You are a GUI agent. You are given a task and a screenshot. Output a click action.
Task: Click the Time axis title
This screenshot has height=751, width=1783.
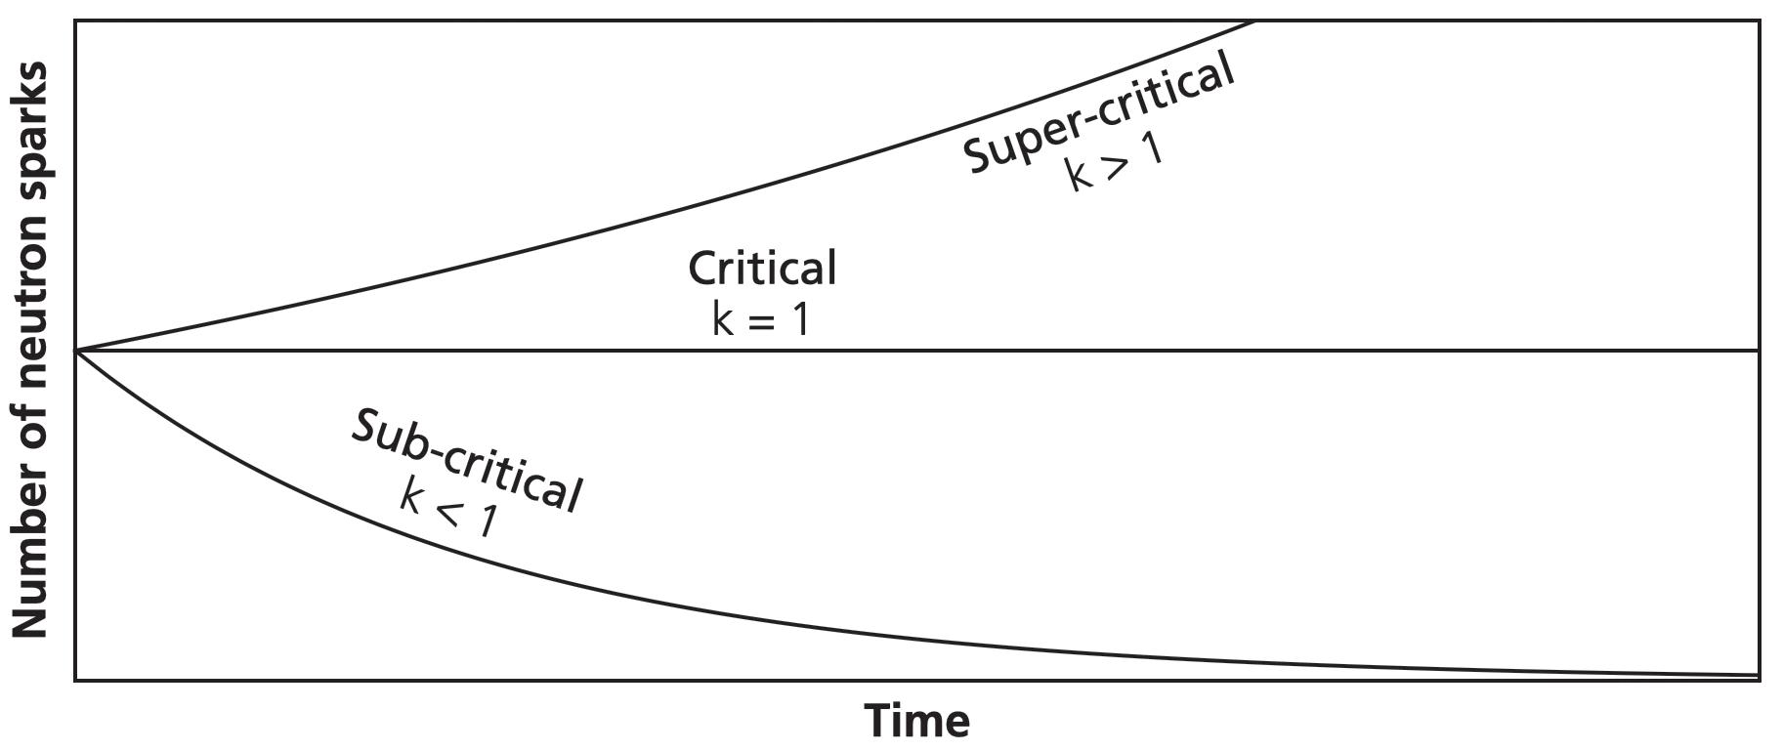tap(917, 722)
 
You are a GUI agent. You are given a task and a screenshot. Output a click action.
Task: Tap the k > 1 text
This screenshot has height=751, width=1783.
tap(1115, 165)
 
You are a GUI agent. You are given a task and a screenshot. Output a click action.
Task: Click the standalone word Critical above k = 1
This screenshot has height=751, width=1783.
tap(762, 269)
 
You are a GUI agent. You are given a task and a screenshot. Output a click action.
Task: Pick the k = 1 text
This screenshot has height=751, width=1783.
tap(761, 318)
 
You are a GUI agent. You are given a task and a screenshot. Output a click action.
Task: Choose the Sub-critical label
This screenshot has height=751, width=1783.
tap(467, 459)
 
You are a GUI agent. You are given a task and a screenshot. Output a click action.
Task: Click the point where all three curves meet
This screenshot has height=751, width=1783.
tap(76, 350)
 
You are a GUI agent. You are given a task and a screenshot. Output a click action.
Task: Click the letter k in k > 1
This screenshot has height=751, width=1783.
tap(1077, 176)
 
